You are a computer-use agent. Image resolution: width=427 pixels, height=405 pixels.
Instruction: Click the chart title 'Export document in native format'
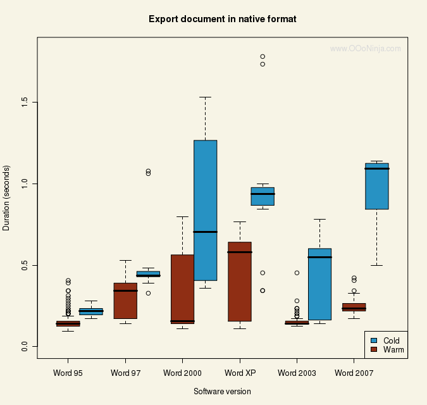[x=222, y=19]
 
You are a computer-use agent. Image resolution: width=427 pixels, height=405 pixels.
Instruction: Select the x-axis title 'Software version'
[x=222, y=392]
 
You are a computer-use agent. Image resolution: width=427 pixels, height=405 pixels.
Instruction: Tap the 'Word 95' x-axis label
[x=67, y=373]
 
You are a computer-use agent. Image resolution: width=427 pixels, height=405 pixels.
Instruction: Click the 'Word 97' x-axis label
[x=125, y=373]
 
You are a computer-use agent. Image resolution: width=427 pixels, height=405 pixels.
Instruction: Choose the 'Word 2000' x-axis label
[x=183, y=373]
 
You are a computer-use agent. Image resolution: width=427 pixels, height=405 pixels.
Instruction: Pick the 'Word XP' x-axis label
[x=240, y=373]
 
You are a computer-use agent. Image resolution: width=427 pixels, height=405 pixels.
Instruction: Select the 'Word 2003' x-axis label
[x=297, y=373]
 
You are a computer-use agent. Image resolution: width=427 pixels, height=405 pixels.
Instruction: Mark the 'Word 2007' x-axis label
[x=354, y=373]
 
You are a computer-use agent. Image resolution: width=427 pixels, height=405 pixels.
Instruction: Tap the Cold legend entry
[x=392, y=340]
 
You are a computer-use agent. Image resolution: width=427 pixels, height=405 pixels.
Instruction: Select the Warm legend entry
[x=393, y=349]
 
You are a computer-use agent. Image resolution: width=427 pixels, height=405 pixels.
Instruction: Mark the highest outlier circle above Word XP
[x=263, y=56]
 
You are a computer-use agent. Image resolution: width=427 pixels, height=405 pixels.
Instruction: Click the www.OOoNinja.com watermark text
[x=366, y=48]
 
